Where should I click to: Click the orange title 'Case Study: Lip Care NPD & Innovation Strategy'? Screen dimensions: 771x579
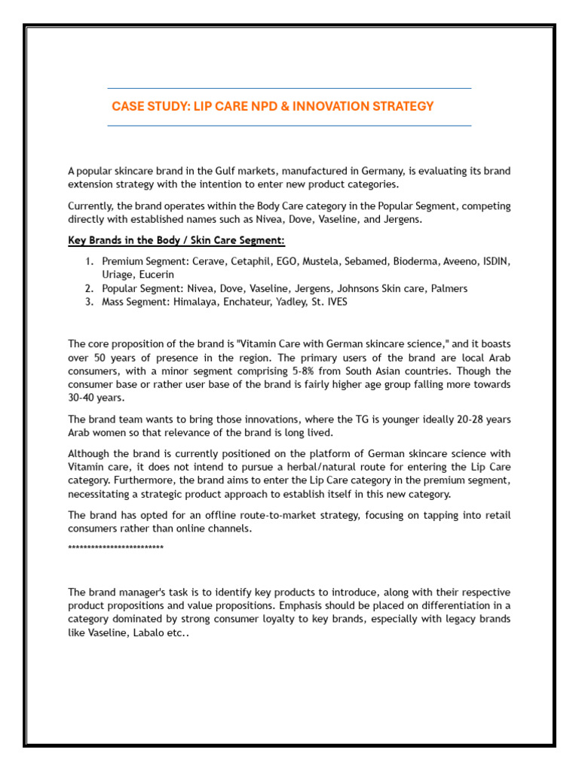click(x=273, y=106)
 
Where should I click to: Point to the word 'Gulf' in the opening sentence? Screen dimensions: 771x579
click(x=211, y=171)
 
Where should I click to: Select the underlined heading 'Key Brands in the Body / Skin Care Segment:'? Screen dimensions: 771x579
click(x=176, y=240)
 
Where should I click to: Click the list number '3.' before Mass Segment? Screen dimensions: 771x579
click(x=88, y=302)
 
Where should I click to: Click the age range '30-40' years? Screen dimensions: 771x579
click(x=82, y=398)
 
